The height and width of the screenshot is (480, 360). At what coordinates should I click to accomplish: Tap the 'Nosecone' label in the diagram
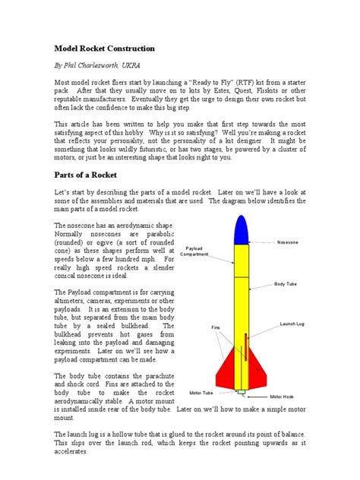(x=288, y=242)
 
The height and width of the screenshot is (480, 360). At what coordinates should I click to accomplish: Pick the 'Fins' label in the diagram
(x=215, y=327)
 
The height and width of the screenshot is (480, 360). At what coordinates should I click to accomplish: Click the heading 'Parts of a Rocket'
(x=88, y=174)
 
